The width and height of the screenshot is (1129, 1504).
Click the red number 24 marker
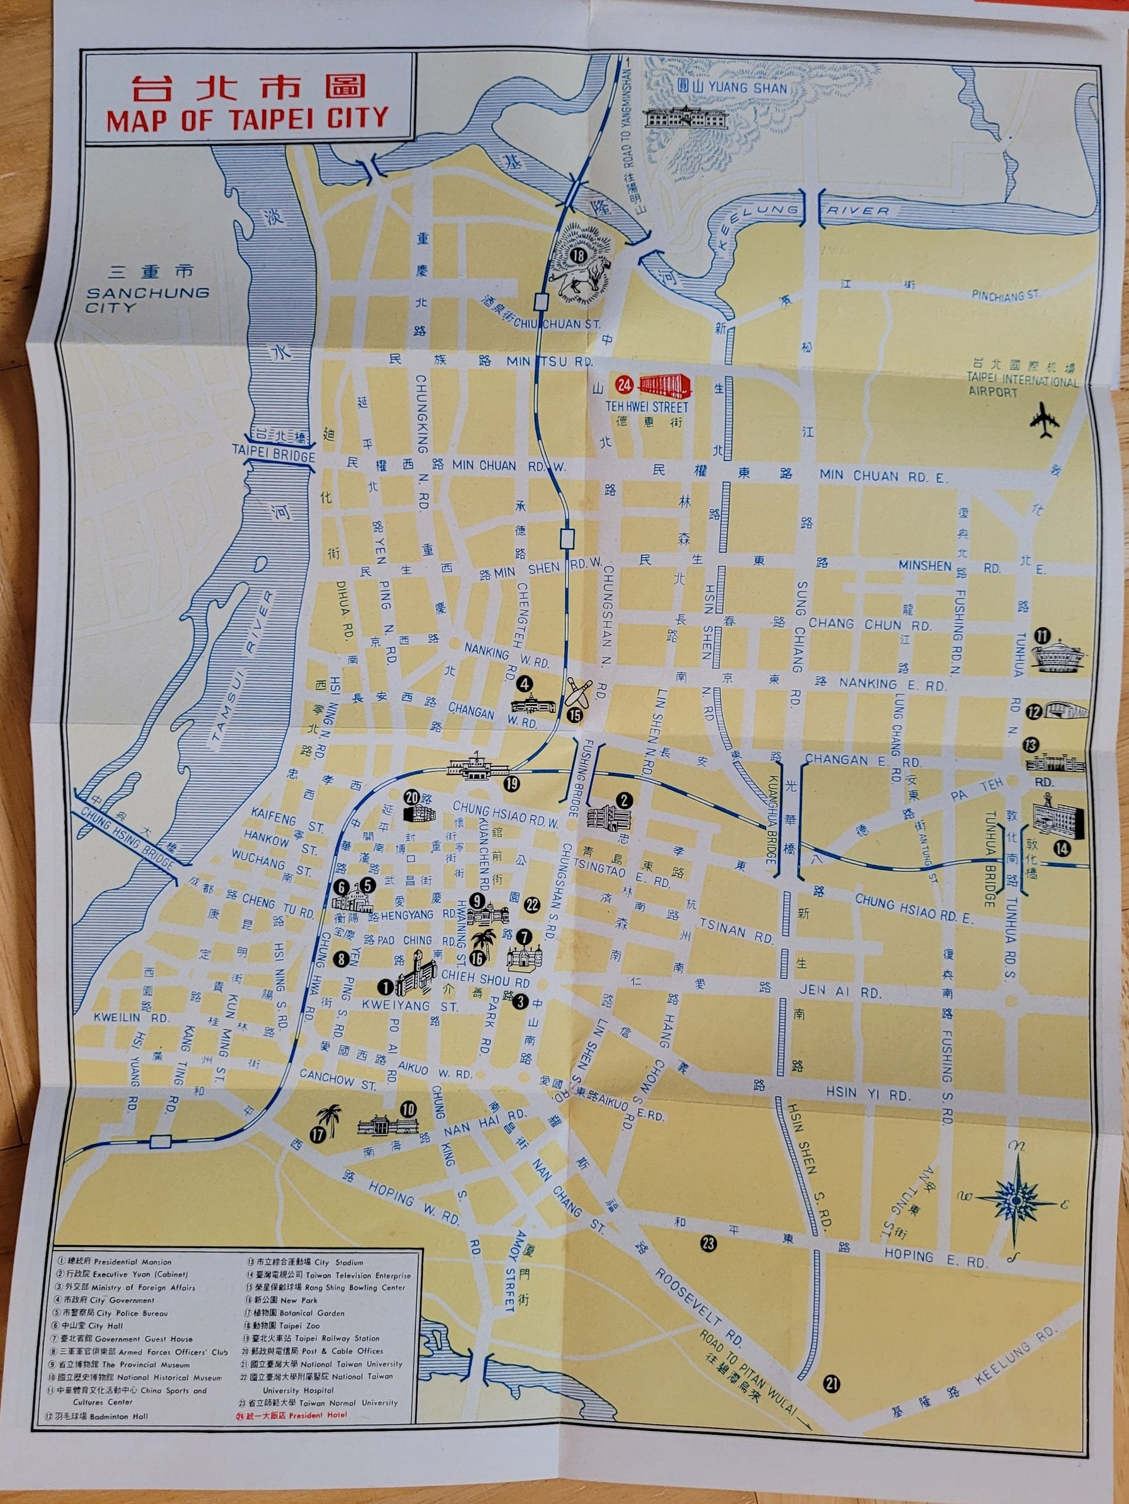[624, 385]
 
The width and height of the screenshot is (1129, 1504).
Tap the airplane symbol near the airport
[1044, 421]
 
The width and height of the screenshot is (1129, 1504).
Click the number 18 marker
[579, 256]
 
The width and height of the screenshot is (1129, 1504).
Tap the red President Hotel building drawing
[665, 386]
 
